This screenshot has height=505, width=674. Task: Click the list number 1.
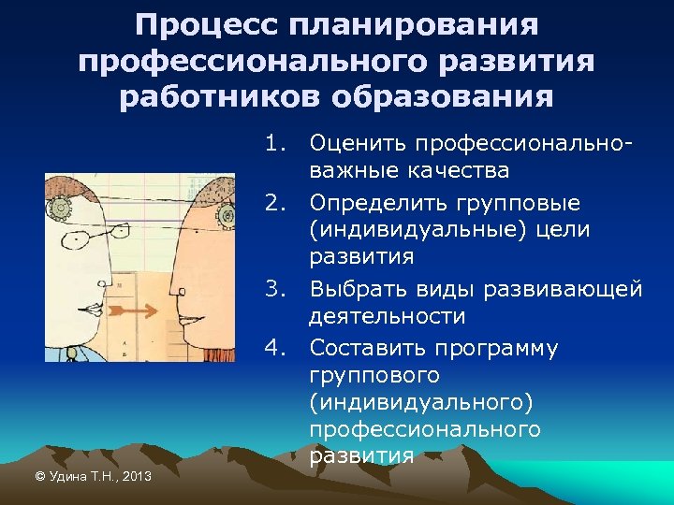click(x=273, y=144)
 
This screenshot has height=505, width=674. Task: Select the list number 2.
click(x=273, y=203)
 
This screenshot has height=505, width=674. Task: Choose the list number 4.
click(x=273, y=348)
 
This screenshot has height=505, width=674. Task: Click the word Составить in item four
click(x=366, y=348)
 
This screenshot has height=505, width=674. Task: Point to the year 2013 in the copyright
click(x=136, y=477)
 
